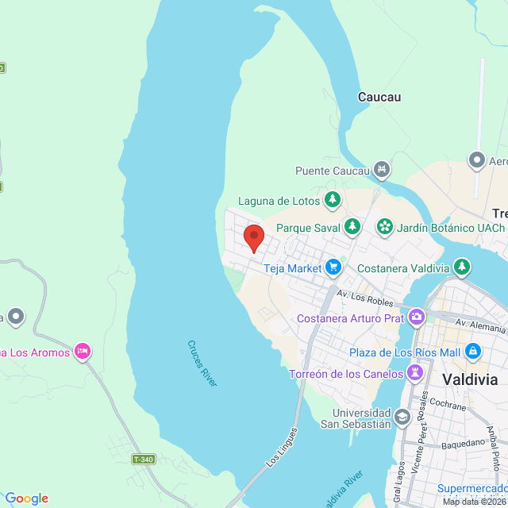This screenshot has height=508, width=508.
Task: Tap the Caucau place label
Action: coord(379,98)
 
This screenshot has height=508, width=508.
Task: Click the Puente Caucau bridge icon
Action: coord(382,170)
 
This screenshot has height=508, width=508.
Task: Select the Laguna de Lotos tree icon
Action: coord(333,200)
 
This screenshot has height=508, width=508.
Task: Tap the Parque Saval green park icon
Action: coord(352,227)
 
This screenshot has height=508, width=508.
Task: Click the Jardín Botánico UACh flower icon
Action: coord(384,227)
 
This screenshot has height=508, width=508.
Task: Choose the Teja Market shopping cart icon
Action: coord(333,267)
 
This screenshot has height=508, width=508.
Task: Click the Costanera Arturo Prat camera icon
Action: coord(417,318)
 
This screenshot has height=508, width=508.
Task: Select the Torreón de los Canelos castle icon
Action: coord(414,373)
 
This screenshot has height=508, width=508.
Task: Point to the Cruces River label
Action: coord(202,364)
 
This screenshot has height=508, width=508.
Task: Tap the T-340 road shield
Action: coord(143,459)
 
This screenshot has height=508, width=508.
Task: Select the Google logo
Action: coord(26,498)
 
